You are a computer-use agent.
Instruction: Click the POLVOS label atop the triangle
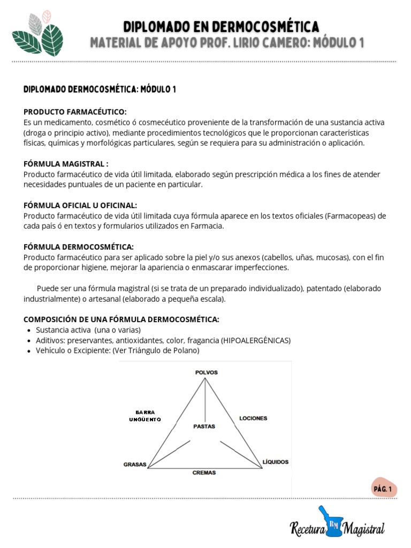206,372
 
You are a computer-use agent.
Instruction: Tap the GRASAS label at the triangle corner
135,465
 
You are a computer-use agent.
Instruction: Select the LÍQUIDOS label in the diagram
276,461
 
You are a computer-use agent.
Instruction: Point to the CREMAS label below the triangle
204,473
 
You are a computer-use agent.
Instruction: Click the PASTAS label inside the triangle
204,427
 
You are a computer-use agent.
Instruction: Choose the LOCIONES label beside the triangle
253,418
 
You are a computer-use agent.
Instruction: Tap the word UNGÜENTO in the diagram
145,419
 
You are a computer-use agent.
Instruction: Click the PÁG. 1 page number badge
383,489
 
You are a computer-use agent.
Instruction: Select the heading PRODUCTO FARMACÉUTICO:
75,112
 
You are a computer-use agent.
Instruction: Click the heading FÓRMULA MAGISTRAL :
66,164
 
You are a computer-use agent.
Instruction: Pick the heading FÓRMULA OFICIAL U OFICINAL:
80,205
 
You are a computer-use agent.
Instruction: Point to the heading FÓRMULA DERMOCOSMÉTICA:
79,247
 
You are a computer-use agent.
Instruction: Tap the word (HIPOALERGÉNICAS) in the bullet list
256,340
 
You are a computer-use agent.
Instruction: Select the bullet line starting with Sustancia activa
88,330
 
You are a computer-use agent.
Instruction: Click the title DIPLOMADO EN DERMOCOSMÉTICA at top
221,26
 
